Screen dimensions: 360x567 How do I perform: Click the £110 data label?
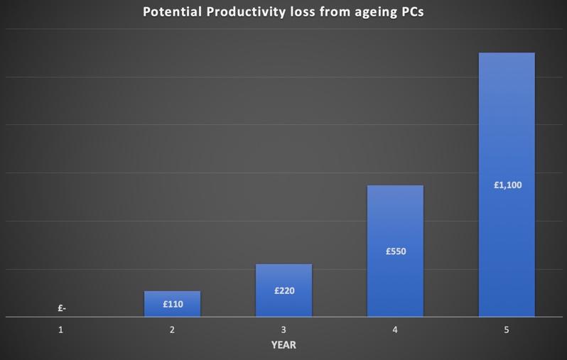coord(173,305)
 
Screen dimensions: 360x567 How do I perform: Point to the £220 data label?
coord(283,290)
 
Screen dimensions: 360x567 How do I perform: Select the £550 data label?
coord(395,251)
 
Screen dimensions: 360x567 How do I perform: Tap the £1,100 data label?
coord(507,185)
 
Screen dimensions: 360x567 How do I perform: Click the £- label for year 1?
coord(62,309)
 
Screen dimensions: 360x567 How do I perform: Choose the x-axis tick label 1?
coord(61,330)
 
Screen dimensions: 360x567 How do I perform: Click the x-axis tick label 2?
coord(172,330)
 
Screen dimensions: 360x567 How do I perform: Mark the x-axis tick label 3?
coord(283,330)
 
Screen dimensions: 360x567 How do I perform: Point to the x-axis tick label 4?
coord(395,330)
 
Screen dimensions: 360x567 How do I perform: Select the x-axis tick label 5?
coord(507,330)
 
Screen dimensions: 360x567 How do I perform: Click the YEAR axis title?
coord(283,346)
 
